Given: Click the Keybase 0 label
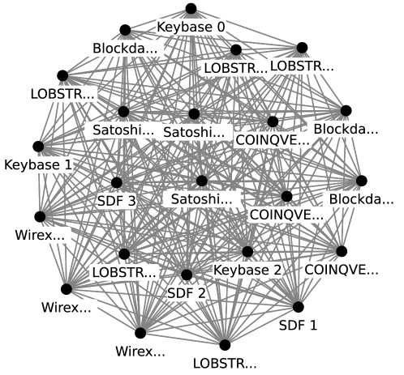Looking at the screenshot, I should click(x=191, y=27).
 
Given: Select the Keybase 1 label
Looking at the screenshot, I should click(x=38, y=164).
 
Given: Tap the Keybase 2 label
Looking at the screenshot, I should click(x=247, y=269).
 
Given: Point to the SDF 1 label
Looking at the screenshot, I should click(x=298, y=326).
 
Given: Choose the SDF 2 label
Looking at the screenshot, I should click(x=186, y=292).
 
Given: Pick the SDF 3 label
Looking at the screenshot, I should click(x=116, y=199).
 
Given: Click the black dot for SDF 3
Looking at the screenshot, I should click(x=116, y=183).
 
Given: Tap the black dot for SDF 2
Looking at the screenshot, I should click(x=186, y=275).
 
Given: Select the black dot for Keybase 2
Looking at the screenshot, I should click(x=247, y=252).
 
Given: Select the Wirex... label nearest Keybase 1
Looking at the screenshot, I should click(x=39, y=236).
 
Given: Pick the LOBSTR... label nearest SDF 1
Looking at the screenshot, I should click(x=226, y=362).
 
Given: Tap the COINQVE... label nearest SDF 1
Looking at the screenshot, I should click(x=341, y=269).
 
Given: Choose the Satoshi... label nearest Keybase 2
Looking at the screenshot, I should click(x=201, y=198).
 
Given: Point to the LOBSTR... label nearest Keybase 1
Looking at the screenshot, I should click(x=62, y=93).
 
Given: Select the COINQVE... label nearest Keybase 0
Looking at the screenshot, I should click(x=273, y=139).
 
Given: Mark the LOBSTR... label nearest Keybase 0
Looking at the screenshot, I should click(x=234, y=67).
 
